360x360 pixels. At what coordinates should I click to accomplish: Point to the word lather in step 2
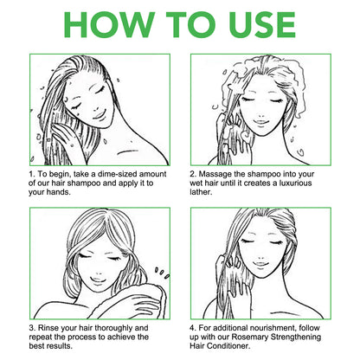pyautogui.click(x=201, y=192)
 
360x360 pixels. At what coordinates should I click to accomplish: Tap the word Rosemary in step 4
pyautogui.click(x=249, y=337)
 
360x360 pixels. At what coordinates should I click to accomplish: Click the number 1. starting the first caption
pyautogui.click(x=32, y=174)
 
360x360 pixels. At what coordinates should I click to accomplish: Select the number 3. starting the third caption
pyautogui.click(x=32, y=328)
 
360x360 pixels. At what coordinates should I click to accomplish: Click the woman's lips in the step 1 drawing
pyautogui.click(x=99, y=115)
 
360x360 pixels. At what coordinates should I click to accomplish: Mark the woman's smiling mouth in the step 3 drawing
pyautogui.click(x=97, y=280)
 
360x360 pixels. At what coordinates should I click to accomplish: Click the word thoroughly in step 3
pyautogui.click(x=114, y=329)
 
